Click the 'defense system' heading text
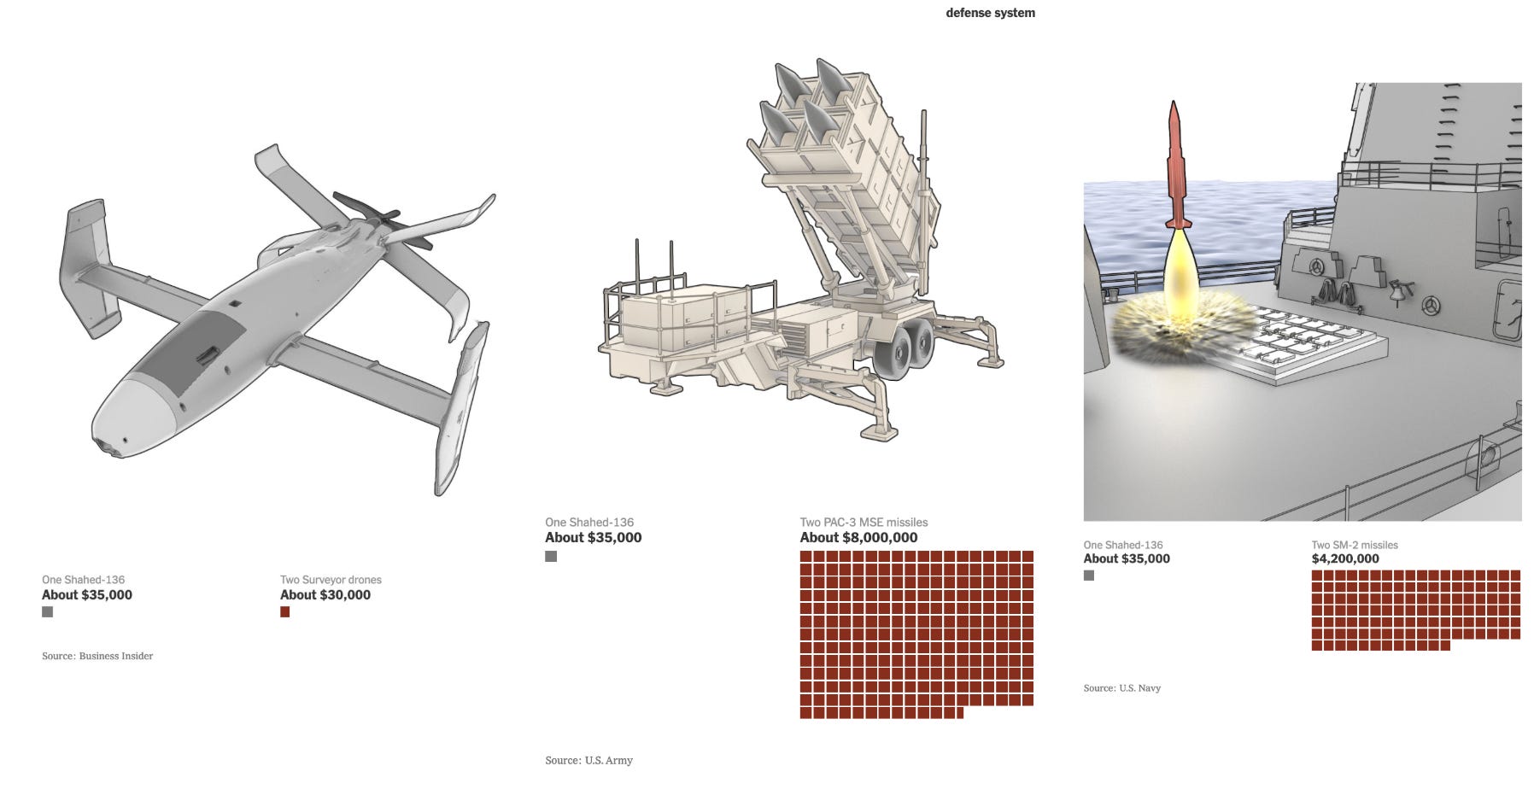(990, 13)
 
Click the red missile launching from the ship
(1177, 166)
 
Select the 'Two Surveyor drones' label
(331, 580)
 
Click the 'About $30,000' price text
(325, 595)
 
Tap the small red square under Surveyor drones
(285, 612)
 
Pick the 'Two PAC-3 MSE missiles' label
(864, 523)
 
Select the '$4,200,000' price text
(1345, 559)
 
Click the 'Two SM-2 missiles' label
(1355, 545)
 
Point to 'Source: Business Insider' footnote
(97, 656)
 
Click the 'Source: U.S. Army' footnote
(588, 760)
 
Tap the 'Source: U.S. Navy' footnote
(1121, 688)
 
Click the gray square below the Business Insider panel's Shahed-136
(48, 612)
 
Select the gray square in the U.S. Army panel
(551, 557)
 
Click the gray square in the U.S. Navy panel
(1089, 576)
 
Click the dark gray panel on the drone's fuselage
(191, 351)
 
